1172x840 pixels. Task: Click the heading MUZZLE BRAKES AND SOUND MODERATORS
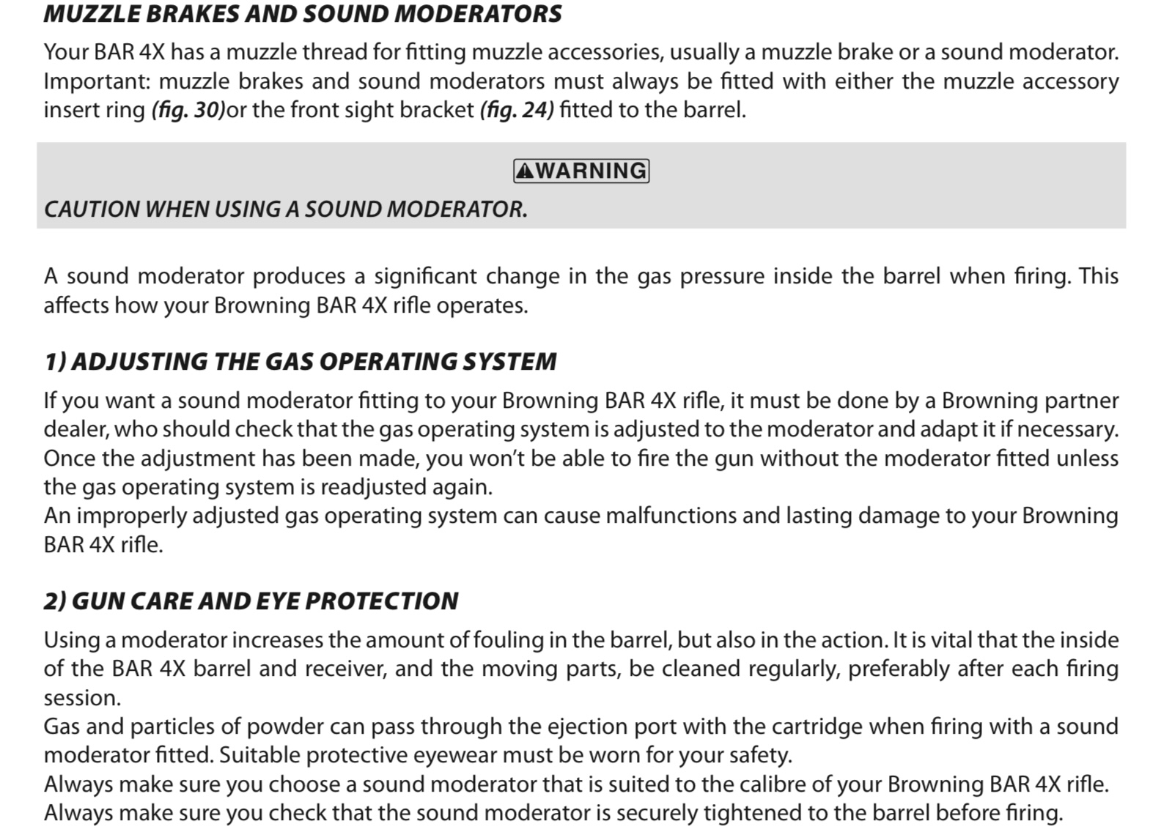tap(302, 14)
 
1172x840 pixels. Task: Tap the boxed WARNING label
tap(581, 171)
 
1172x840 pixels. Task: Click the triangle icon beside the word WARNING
tap(525, 171)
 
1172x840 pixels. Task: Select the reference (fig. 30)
tap(188, 110)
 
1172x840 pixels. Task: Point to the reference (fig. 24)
tap(517, 110)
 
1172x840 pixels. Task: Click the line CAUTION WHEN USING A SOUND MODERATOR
tap(286, 209)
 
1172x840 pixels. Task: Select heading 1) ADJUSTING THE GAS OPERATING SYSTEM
tap(301, 361)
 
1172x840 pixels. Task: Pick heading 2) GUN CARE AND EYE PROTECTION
tap(251, 601)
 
